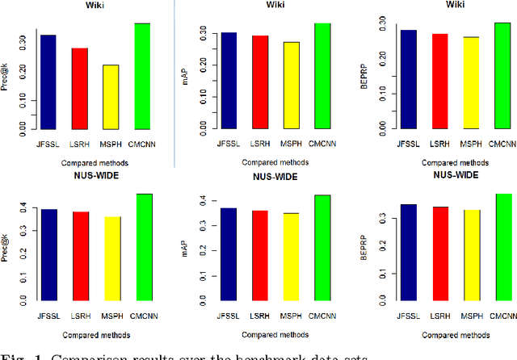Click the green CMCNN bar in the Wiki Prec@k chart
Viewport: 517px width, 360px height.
pyautogui.click(x=142, y=77)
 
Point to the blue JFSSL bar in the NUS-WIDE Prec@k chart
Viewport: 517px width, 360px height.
pyautogui.click(x=49, y=254)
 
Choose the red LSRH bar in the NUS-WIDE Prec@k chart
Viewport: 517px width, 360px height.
pyautogui.click(x=80, y=256)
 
